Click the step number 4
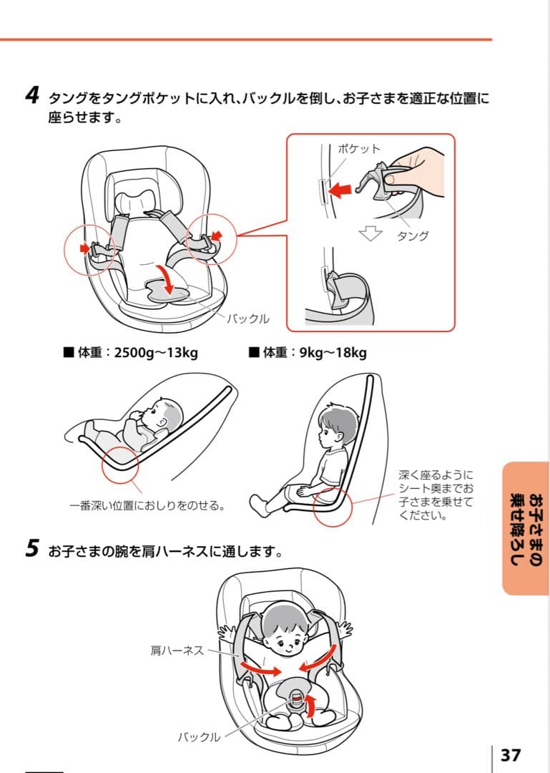pyautogui.click(x=32, y=95)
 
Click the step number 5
pyautogui.click(x=32, y=548)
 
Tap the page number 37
pyautogui.click(x=511, y=755)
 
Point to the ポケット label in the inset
pyautogui.click(x=359, y=149)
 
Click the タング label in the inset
pyautogui.click(x=413, y=235)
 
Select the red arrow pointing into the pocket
pyautogui.click(x=340, y=189)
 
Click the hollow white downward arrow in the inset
pyautogui.click(x=370, y=233)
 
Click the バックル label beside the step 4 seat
pyautogui.click(x=248, y=319)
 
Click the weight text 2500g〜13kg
pyautogui.click(x=156, y=352)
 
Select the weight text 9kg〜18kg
pyautogui.click(x=333, y=352)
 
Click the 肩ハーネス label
pyautogui.click(x=177, y=650)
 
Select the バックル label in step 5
pyautogui.click(x=199, y=737)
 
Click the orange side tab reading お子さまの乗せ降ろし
pyautogui.click(x=526, y=528)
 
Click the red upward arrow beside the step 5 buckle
pyautogui.click(x=310, y=706)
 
